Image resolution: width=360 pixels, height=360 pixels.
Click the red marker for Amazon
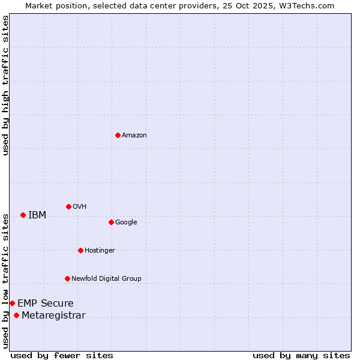click(x=118, y=135)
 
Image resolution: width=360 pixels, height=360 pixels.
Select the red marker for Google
click(x=111, y=222)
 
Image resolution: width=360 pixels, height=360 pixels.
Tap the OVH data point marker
click(x=68, y=206)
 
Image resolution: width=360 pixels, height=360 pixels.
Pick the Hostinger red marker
click(x=80, y=250)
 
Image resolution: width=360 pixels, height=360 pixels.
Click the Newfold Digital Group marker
click(x=67, y=278)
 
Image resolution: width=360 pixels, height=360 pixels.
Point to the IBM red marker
click(x=23, y=215)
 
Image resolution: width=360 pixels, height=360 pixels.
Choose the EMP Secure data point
click(x=12, y=303)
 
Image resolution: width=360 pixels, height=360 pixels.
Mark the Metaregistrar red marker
click(x=16, y=316)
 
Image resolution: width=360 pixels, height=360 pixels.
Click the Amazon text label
click(x=134, y=136)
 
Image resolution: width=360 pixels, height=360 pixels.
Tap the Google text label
click(x=126, y=223)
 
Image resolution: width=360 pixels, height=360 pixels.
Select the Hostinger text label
click(x=100, y=251)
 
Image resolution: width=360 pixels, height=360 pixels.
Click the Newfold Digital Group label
click(x=106, y=279)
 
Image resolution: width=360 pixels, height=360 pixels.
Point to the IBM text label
click(x=37, y=215)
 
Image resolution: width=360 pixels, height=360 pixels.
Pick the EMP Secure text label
click(x=46, y=304)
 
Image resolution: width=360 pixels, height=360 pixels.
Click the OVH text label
click(x=80, y=207)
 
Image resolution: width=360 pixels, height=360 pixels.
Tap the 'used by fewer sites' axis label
click(x=62, y=355)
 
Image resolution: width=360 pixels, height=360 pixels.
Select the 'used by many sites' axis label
click(x=301, y=355)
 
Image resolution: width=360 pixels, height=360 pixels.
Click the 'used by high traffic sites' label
click(x=5, y=85)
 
